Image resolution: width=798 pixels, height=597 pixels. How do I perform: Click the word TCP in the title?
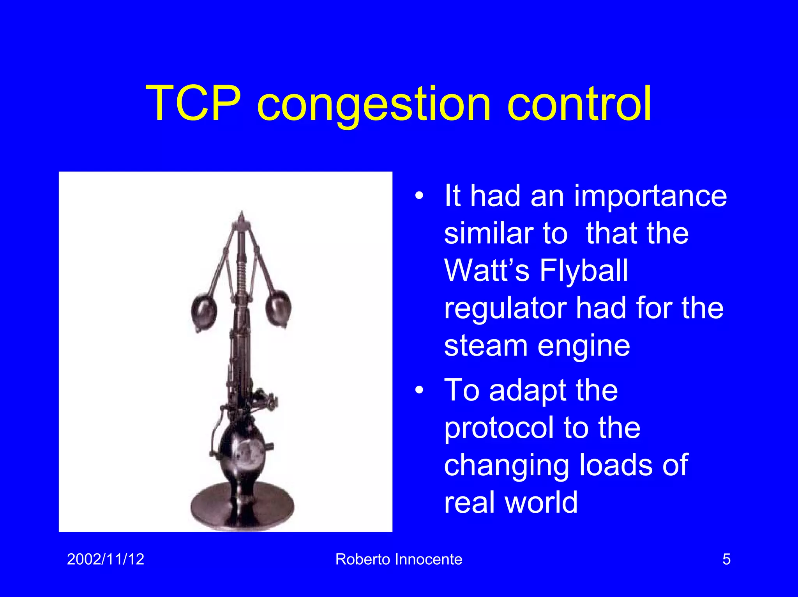click(x=193, y=104)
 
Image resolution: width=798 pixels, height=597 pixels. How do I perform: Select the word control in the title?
click(x=579, y=104)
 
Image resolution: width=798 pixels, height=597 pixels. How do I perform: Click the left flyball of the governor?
click(x=204, y=312)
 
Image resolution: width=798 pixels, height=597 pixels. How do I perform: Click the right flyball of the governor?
click(x=278, y=308)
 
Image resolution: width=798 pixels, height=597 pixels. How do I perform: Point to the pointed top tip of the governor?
click(x=242, y=214)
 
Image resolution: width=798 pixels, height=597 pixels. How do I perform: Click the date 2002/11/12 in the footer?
click(x=106, y=559)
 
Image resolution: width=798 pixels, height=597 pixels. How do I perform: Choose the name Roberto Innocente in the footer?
click(x=399, y=559)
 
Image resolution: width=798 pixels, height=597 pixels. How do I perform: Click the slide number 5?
click(x=726, y=559)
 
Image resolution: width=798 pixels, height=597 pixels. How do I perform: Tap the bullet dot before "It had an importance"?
click(x=419, y=196)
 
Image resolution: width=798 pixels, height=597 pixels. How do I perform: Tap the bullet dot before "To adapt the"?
click(x=419, y=390)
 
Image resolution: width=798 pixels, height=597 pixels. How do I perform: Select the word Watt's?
click(x=487, y=271)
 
